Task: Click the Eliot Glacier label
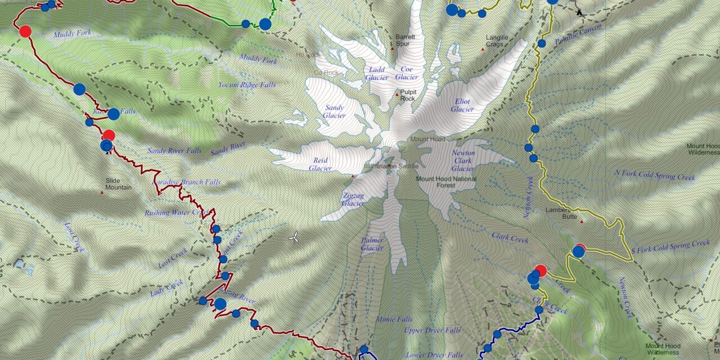pos(462,105)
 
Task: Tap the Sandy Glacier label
pos(334,111)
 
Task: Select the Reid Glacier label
pos(320,164)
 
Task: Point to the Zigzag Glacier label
pos(353,199)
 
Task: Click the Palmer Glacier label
pos(372,244)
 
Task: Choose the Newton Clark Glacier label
pos(463,160)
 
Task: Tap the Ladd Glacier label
pos(376,73)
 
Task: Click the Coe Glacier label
pos(406,73)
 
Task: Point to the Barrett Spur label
pos(405,40)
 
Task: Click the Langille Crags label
pos(497,41)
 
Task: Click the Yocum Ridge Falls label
pos(247,85)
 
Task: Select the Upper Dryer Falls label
pos(432,330)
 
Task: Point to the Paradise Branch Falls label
pos(187,182)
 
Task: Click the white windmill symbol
pos(294,238)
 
